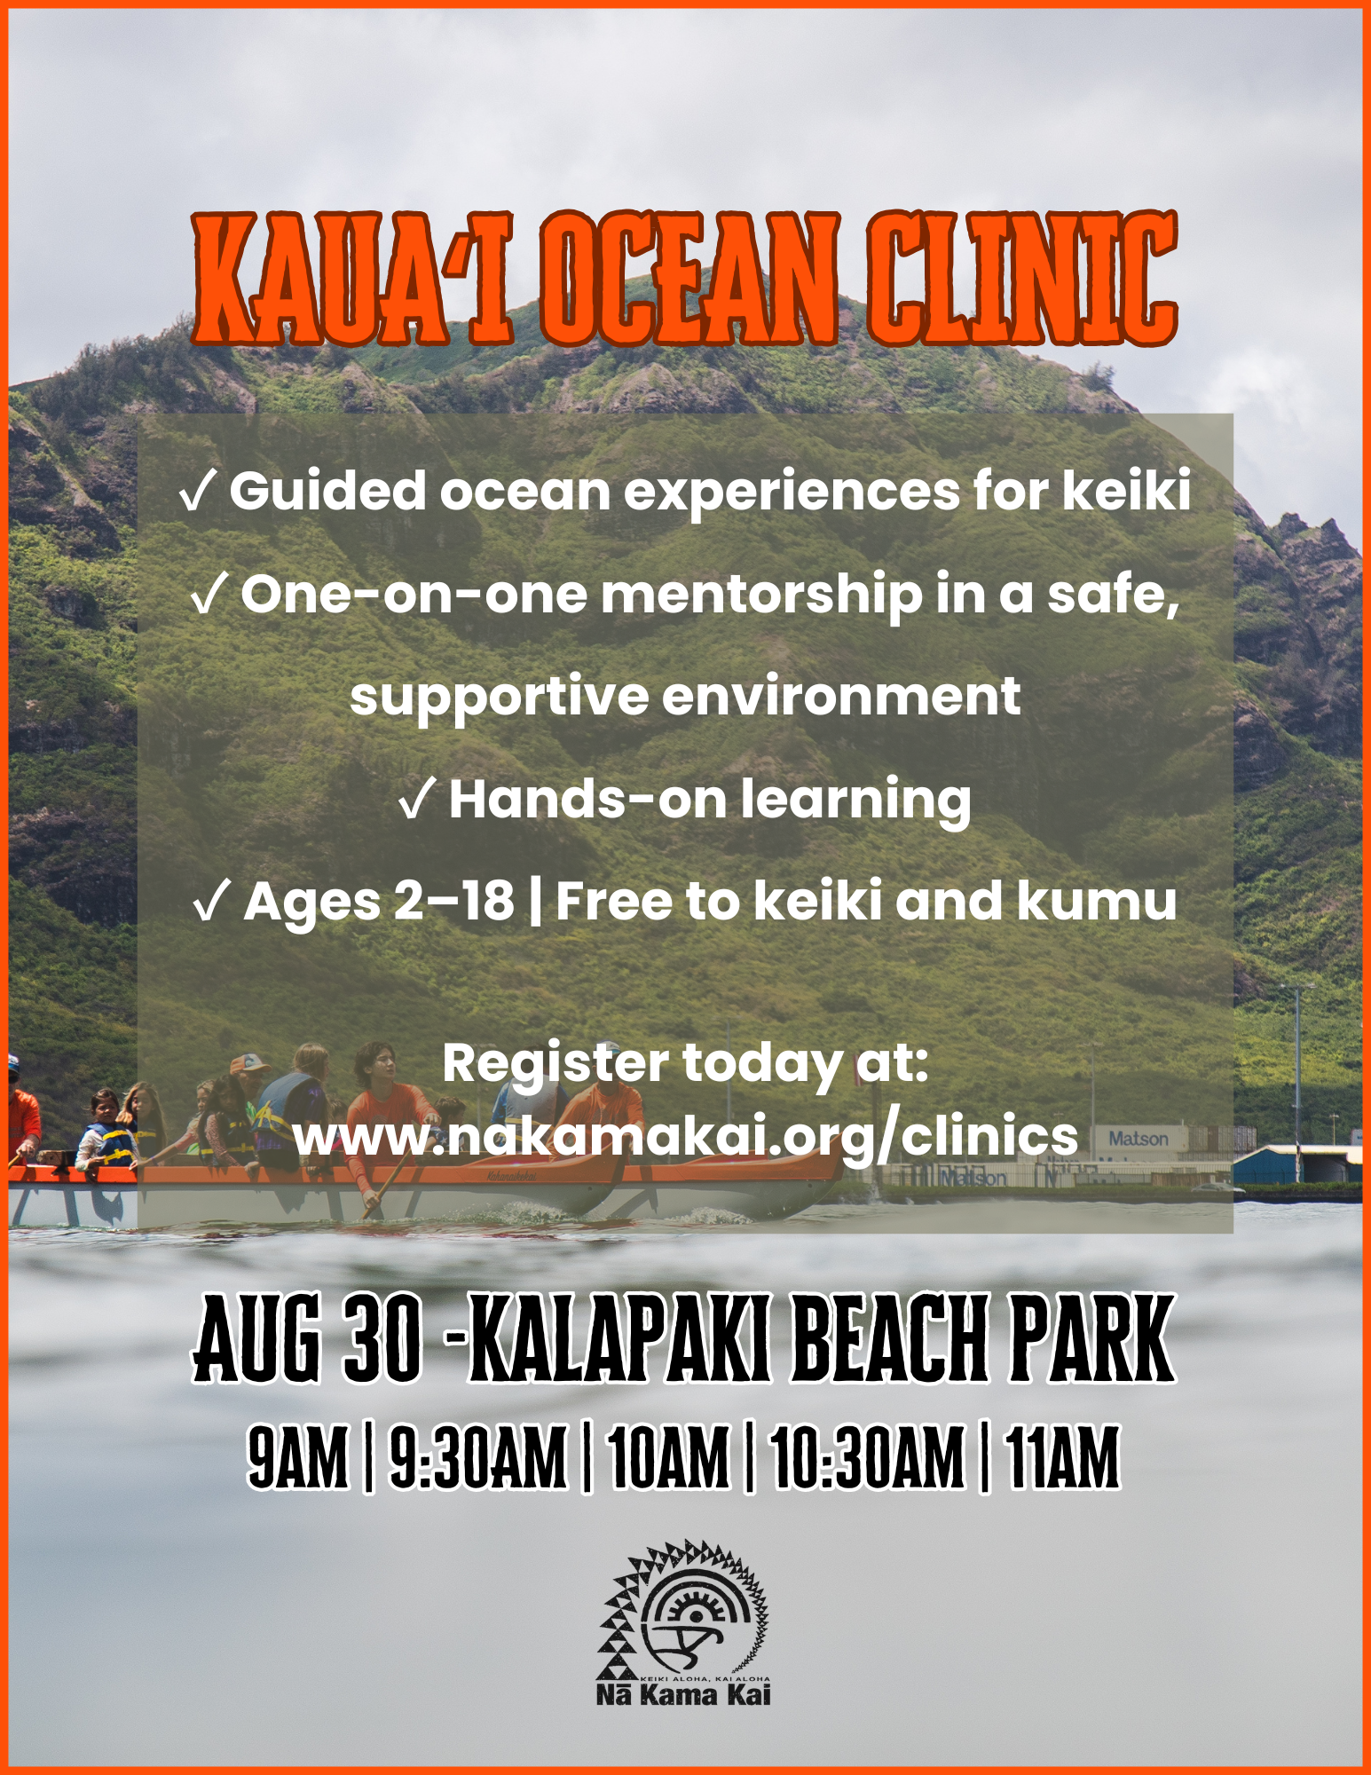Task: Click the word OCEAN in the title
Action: [x=689, y=279]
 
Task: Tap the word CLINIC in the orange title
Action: [x=1022, y=279]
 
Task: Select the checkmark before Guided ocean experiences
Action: [x=196, y=493]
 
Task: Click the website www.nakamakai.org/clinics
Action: [x=685, y=1136]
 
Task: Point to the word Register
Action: [x=555, y=1064]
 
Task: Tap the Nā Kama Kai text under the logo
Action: [x=683, y=1695]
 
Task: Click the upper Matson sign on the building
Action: [x=1139, y=1139]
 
